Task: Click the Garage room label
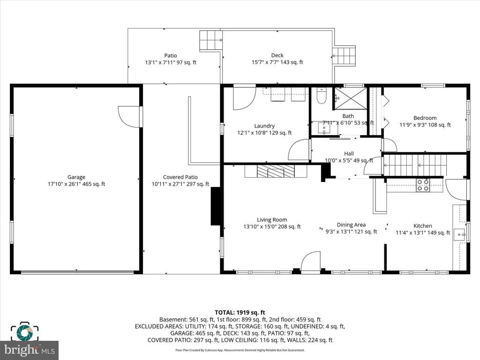coord(76,177)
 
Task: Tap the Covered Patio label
coord(180,177)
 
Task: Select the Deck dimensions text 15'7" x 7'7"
coord(266,62)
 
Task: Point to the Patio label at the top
coord(171,55)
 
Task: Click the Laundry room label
coord(264,126)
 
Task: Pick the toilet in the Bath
coord(321,96)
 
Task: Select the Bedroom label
coord(425,118)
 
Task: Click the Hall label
coord(349,154)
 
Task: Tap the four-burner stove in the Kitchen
coord(423,186)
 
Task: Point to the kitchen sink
coord(460,235)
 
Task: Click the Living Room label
coord(272,219)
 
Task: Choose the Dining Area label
coord(351,225)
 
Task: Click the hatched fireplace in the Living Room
coord(276,171)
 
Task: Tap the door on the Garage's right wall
coord(129,116)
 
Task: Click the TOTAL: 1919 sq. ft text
coord(240,313)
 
